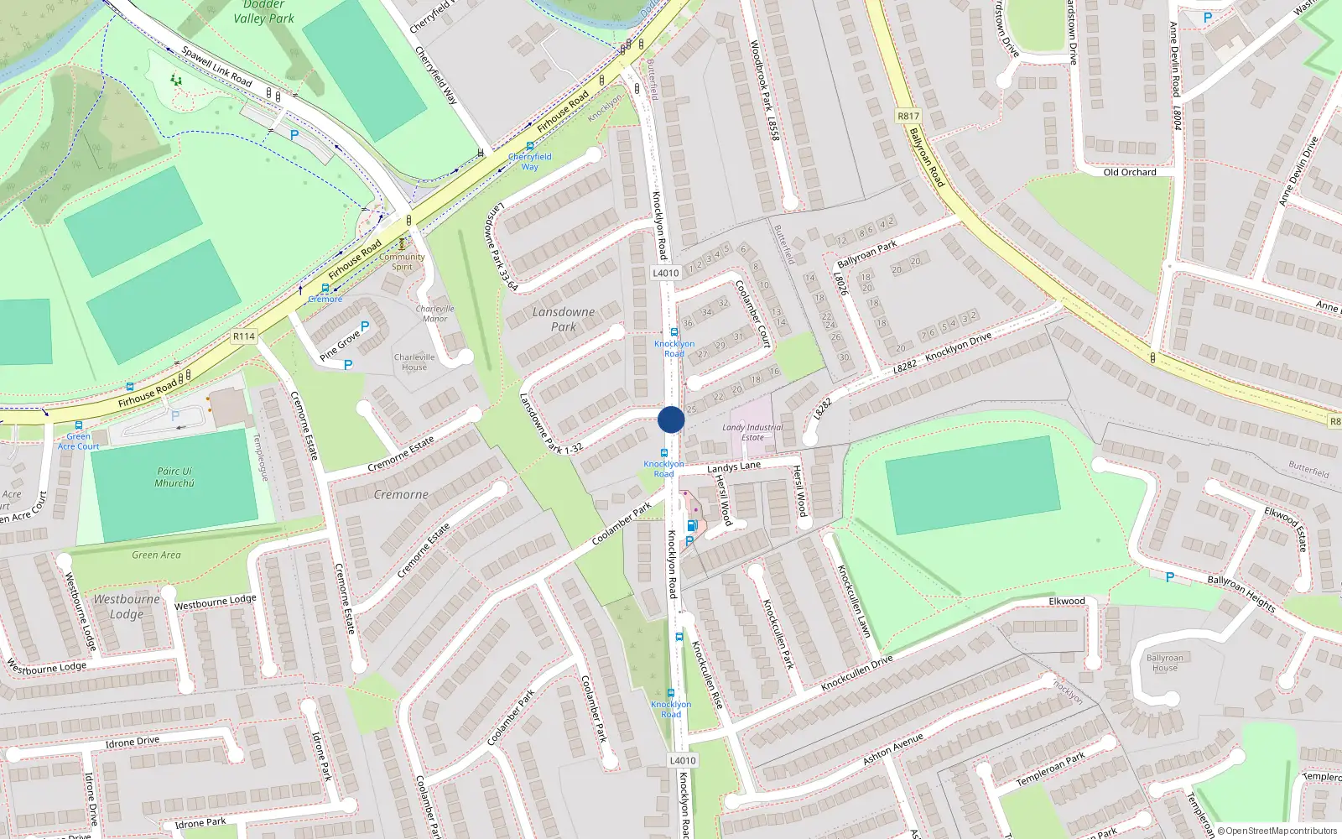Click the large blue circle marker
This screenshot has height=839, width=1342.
coord(671,419)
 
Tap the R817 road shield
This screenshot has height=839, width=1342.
coord(908,117)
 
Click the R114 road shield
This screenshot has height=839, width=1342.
coord(244,336)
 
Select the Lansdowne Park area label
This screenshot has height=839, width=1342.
coord(564,319)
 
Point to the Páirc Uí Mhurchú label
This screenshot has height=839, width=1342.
coord(174,477)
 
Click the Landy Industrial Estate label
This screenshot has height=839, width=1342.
coord(752,432)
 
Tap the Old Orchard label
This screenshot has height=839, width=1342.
coord(1129,172)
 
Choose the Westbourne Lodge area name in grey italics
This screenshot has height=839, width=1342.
coord(127,607)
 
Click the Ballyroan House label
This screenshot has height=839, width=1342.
coord(1165,663)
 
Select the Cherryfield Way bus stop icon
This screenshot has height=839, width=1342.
coord(530,146)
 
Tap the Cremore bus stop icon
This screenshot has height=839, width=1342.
coord(325,288)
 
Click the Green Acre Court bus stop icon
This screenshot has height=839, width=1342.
coord(79,425)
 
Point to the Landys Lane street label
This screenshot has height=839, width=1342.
coord(734,466)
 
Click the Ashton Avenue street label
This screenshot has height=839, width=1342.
coord(892,748)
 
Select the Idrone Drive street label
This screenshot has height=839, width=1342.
coord(132,743)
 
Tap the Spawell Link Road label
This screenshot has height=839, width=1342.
coord(216,66)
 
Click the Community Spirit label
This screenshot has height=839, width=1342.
coord(402,262)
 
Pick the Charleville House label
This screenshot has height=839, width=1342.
coord(414,362)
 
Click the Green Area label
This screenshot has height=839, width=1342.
coord(156,555)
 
